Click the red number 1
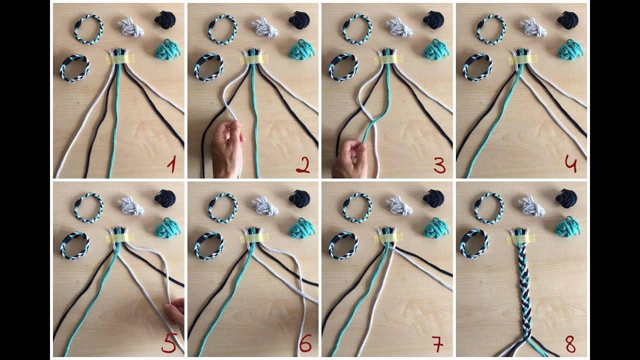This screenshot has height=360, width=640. (171, 165)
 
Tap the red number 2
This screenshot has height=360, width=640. (303, 166)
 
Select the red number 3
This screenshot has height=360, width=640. (439, 166)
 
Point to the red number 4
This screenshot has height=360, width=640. (571, 165)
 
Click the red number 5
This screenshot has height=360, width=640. (169, 343)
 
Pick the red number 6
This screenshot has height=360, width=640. (305, 343)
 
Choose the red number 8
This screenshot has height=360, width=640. (570, 344)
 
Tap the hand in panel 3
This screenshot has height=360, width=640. (349, 159)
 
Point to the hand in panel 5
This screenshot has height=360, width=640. (175, 312)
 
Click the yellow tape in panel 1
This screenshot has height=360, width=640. (119, 59)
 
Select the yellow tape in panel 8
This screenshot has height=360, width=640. (521, 239)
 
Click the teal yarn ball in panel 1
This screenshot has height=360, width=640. (167, 49)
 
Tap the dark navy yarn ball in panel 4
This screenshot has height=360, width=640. (567, 20)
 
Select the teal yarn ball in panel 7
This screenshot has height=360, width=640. (436, 227)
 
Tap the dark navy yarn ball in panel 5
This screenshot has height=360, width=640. (165, 198)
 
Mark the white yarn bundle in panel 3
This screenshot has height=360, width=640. (399, 27)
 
